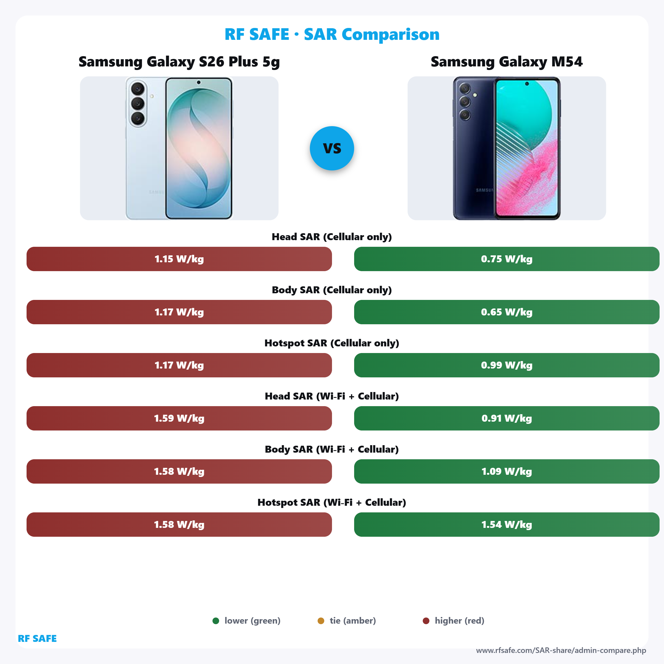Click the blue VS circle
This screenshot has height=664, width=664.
pos(332,148)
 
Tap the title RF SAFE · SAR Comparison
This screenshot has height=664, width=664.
pos(332,34)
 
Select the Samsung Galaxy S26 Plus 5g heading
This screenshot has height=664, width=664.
pos(179,62)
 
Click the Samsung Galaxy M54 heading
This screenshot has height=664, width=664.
pos(506,62)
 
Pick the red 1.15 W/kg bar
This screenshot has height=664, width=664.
pos(179,259)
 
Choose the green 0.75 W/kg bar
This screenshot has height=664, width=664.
pos(506,259)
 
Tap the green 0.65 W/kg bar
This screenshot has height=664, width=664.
pos(506,312)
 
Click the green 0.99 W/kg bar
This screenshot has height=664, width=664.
pos(506,365)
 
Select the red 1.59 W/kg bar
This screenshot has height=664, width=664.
pos(179,418)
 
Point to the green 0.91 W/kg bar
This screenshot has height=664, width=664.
pos(506,418)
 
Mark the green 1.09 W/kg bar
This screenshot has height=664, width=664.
pos(506,471)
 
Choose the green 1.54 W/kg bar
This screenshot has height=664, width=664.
pos(506,525)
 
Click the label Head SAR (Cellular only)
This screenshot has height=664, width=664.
pos(332,237)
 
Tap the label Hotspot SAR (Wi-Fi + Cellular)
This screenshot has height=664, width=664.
pos(332,502)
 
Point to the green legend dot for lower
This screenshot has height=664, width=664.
pos(216,621)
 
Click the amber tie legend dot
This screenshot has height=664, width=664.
pos(321,621)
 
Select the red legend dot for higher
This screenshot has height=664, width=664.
pos(426,621)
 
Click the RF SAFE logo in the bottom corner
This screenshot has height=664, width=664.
pos(37,639)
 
